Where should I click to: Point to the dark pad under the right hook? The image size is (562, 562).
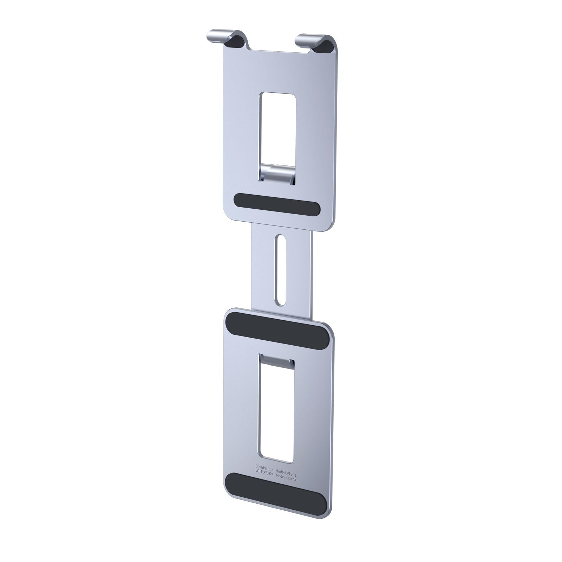[x=326, y=45]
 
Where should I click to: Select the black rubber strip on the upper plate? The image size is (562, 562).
[x=276, y=204]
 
